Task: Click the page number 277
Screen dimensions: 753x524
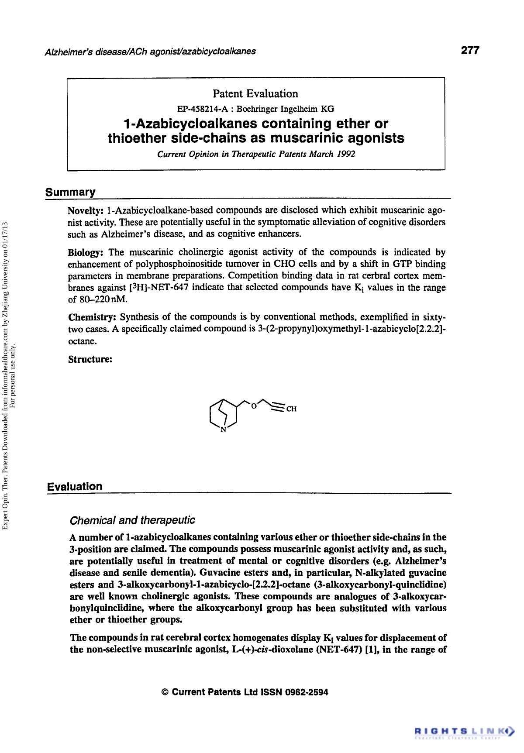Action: [470, 50]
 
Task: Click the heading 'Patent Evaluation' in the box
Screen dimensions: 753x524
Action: [255, 93]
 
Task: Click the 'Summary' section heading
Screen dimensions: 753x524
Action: [70, 192]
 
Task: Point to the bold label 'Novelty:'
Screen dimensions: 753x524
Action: [86, 211]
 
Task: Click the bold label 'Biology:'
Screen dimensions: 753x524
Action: [86, 252]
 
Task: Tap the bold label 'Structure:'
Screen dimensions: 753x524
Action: [90, 359]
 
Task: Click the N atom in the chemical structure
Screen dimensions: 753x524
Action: [223, 430]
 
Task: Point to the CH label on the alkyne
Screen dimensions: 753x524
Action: [291, 409]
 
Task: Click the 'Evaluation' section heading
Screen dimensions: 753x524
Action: [75, 486]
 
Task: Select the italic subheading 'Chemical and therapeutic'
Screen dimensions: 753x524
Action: [132, 520]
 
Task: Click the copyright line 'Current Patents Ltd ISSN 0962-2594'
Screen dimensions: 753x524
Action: [245, 692]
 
